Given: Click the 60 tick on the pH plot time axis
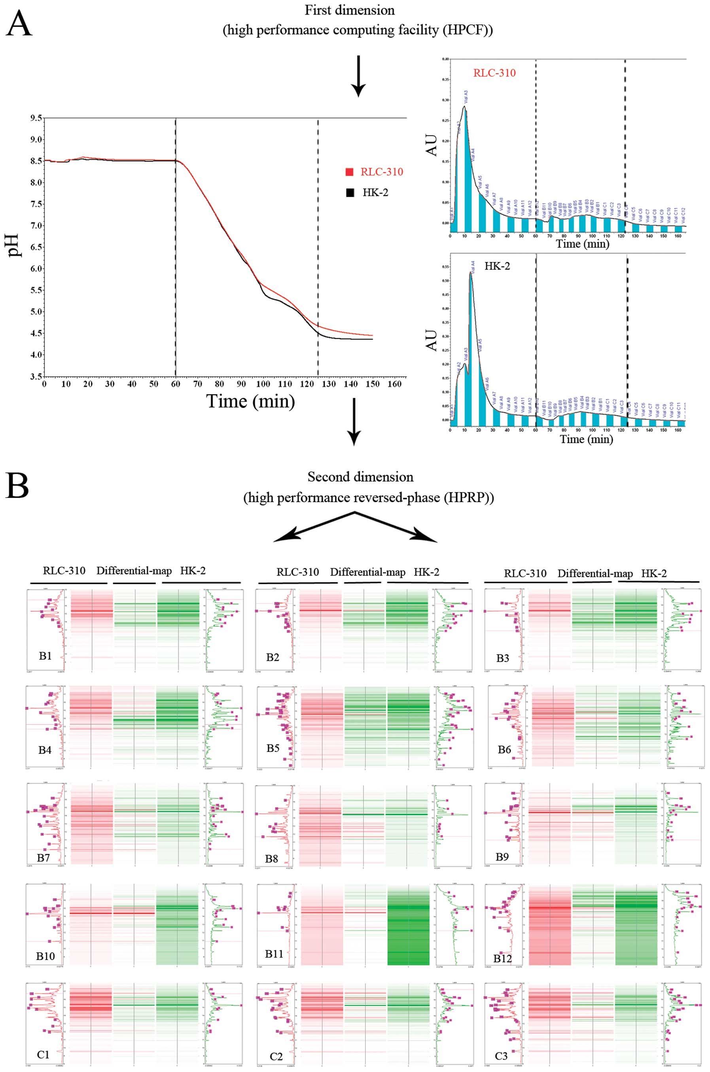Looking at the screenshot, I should pos(175,385).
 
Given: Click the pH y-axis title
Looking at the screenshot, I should pos(15,245).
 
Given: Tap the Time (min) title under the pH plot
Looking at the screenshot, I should pos(250,401).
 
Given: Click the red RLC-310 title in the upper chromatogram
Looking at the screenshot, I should pos(494,73).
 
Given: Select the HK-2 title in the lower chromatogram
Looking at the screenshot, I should pos(497,266).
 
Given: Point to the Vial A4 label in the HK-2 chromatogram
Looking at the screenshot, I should pos(473,266).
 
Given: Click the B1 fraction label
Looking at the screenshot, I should pos(45,656).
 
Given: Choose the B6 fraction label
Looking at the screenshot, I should pos(504,749).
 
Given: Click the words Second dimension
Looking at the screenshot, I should pos(360,477).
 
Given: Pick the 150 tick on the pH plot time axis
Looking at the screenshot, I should pos(372,385).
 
